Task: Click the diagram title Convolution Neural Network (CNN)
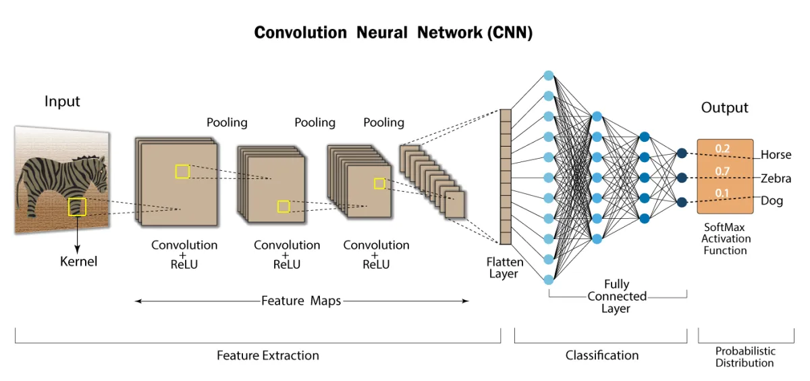click(x=393, y=32)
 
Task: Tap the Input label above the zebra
click(x=62, y=101)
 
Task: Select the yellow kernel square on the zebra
click(x=77, y=207)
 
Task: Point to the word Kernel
click(x=78, y=261)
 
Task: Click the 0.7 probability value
click(x=722, y=172)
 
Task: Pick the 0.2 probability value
click(x=722, y=149)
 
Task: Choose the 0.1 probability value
click(x=722, y=193)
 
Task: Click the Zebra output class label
click(x=776, y=178)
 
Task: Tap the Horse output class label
click(x=776, y=155)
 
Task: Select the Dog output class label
click(x=772, y=201)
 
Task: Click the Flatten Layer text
click(x=504, y=268)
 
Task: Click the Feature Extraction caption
click(x=267, y=355)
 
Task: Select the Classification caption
click(x=601, y=355)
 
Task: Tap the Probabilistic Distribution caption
click(x=745, y=357)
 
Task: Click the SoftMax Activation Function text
click(x=726, y=239)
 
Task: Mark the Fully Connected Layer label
click(x=616, y=296)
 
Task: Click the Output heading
click(x=724, y=107)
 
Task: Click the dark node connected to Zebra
click(x=682, y=178)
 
